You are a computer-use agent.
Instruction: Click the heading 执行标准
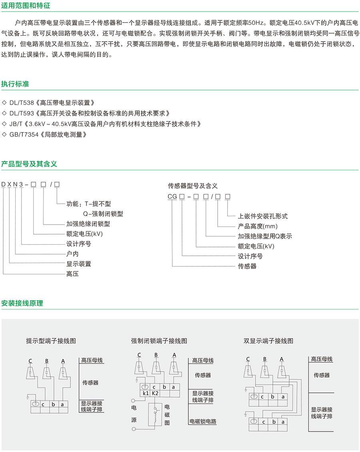[15, 84]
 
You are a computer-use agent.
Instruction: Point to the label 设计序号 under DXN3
[78, 244]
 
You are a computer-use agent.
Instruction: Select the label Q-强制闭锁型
[103, 214]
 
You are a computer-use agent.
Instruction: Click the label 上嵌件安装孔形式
[263, 216]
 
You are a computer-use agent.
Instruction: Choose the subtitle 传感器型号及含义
[193, 186]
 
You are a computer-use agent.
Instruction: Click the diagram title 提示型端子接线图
[51, 341]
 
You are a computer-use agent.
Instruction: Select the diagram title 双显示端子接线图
[268, 341]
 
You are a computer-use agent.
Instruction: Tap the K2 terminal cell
[155, 394]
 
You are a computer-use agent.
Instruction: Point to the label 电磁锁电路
[203, 422]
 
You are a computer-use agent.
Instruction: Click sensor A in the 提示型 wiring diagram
[63, 372]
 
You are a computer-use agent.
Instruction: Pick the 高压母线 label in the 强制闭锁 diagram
[203, 360]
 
